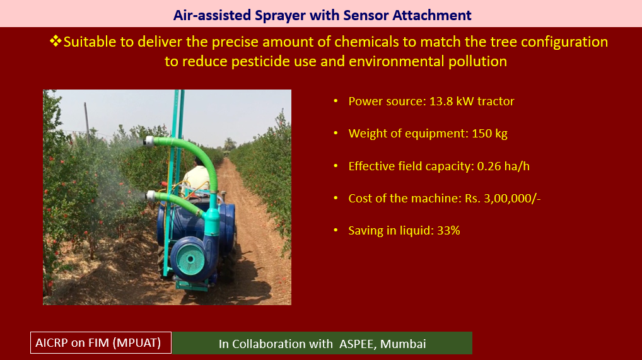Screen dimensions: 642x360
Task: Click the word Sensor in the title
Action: (x=366, y=15)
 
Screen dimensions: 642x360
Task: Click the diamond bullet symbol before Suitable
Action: (x=55, y=41)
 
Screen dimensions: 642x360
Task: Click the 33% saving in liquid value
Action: (x=448, y=231)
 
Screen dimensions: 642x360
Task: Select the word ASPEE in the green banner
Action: (x=356, y=344)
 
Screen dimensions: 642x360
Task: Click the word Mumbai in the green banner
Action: (x=403, y=344)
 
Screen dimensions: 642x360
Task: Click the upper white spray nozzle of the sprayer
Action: (x=149, y=141)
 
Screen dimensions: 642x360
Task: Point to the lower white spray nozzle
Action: (x=151, y=196)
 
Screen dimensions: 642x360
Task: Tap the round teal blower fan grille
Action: (x=190, y=259)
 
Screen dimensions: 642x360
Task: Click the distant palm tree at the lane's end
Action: (x=230, y=143)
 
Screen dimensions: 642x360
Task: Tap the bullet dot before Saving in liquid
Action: (x=336, y=231)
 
